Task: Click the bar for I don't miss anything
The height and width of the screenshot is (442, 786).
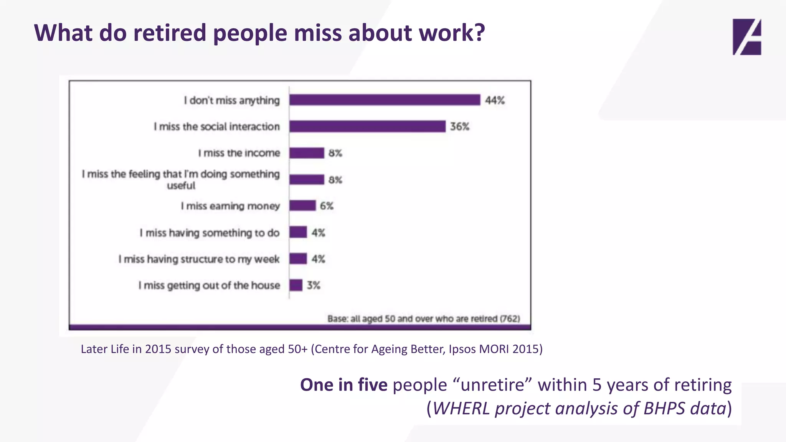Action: pos(385,100)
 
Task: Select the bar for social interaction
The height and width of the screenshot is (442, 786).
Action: pos(367,126)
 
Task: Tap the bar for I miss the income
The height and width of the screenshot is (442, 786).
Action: pos(307,153)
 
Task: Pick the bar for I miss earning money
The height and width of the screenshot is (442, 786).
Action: pos(302,206)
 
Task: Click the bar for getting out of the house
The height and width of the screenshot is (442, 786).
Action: pos(296,285)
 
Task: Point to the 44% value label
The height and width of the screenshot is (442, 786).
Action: pos(495,101)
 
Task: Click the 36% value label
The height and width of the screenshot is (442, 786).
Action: pos(460,127)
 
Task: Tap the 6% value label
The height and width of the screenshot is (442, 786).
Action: pos(327,206)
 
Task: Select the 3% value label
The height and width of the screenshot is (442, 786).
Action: pos(314,285)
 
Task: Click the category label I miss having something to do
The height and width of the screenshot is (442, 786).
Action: pos(210,233)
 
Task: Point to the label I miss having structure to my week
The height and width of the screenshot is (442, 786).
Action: pos(199,259)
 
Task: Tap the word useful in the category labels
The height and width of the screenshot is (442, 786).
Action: pos(181,186)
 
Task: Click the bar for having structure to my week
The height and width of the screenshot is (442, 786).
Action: pos(298,259)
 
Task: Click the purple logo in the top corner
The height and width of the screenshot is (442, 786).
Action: pos(746,37)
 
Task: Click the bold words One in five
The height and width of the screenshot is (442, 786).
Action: pos(343,385)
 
